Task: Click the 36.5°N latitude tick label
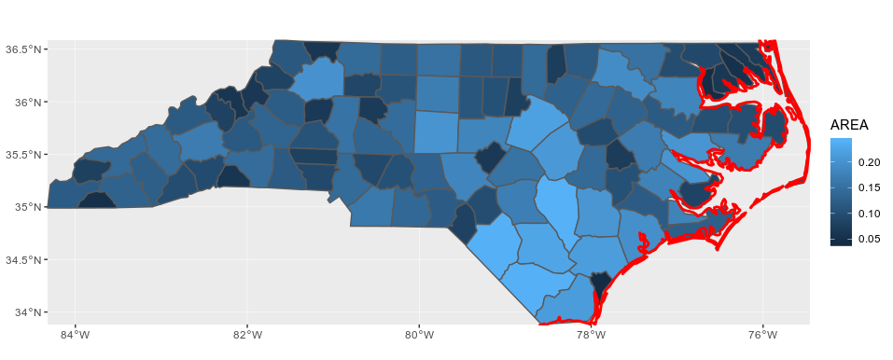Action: coord(20,48)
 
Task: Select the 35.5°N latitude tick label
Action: coord(20,154)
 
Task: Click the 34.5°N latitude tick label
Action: coord(20,259)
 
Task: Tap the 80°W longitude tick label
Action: coord(419,335)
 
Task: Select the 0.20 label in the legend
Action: coord(869,163)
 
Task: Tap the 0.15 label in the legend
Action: coord(869,188)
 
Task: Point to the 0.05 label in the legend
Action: coord(869,239)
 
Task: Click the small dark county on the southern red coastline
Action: coord(601,281)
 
